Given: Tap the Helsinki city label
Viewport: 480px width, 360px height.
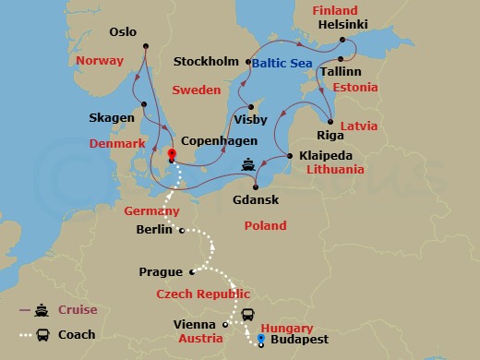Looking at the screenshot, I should tap(342, 25).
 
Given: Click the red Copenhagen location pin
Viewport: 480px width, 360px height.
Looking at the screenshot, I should tap(172, 153).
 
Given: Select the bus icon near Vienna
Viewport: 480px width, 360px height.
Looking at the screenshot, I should tap(248, 316).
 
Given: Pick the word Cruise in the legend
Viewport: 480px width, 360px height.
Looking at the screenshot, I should tap(78, 310).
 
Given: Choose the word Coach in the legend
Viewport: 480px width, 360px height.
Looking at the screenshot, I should tap(77, 335).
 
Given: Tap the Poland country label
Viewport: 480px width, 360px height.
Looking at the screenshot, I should tap(265, 226).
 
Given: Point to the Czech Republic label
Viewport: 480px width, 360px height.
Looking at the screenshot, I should tap(202, 294).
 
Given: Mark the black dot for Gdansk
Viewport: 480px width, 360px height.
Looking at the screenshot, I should tap(256, 185).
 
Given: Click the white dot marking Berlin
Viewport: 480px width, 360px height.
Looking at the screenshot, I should tap(182, 230).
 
